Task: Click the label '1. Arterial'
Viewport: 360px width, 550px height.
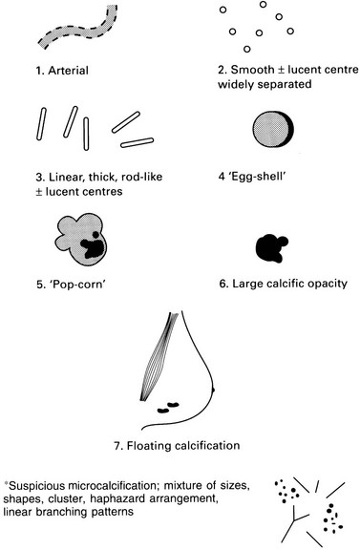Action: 62,71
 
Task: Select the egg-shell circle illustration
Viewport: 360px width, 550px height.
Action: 273,129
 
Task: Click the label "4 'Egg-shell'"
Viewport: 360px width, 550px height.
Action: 252,176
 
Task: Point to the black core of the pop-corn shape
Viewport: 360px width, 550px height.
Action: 93,247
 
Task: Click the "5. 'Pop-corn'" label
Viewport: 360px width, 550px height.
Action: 71,284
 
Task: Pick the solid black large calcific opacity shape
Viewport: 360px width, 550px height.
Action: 271,248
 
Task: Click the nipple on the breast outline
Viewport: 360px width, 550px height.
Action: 213,389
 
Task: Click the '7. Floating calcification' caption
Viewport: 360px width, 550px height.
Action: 178,446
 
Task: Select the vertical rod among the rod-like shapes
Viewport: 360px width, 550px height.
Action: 86,134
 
